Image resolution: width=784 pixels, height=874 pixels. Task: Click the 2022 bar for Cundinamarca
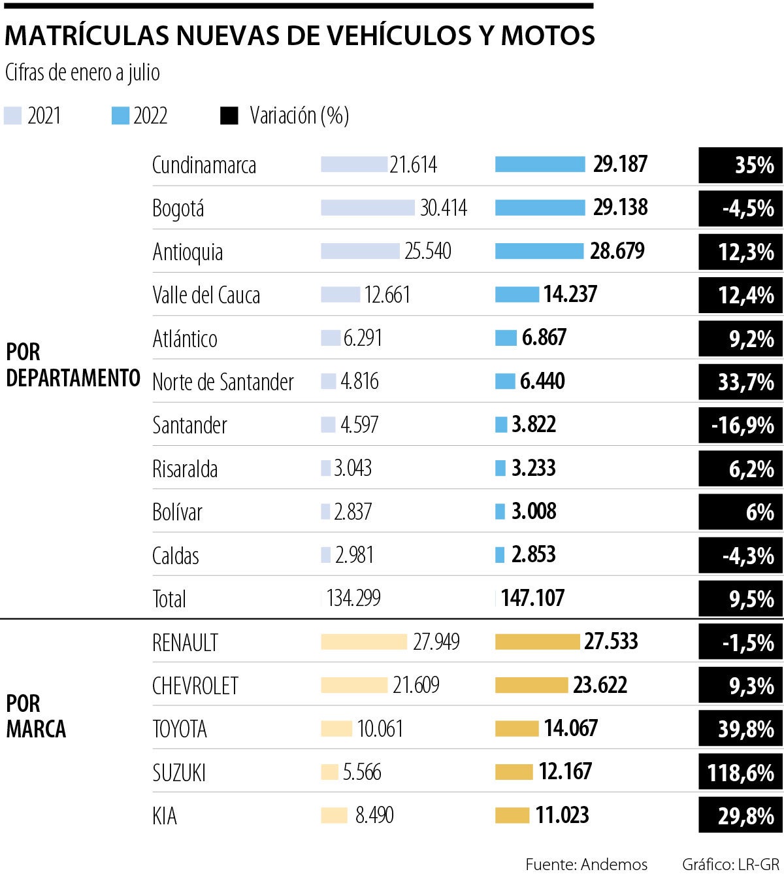tap(540, 164)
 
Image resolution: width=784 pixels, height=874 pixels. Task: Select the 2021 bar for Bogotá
tap(367, 208)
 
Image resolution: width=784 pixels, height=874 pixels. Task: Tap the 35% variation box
tap(740, 165)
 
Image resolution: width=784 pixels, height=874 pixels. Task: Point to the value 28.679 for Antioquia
tap(617, 251)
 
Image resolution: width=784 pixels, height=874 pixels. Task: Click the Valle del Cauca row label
tap(206, 295)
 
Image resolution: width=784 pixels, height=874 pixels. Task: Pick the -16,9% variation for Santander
tap(740, 425)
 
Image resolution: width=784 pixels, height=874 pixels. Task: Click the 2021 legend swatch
tap(13, 116)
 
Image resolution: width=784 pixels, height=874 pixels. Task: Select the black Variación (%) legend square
tap(229, 116)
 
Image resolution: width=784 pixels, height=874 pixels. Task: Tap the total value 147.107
tap(532, 598)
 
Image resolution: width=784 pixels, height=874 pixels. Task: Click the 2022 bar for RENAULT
tap(537, 642)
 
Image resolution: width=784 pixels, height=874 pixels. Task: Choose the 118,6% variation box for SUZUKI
tap(740, 773)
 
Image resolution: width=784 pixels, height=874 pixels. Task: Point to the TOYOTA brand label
tap(179, 729)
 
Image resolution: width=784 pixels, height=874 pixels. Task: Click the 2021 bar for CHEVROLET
tap(353, 685)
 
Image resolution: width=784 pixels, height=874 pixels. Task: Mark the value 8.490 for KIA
tap(374, 815)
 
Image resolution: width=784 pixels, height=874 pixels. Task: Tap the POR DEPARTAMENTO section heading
tap(73, 365)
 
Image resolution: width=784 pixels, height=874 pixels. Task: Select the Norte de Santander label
tap(223, 382)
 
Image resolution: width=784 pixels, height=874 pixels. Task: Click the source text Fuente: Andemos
tap(586, 864)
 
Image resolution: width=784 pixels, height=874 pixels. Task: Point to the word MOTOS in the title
tap(547, 35)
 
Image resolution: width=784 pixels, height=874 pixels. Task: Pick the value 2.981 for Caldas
tap(354, 555)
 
